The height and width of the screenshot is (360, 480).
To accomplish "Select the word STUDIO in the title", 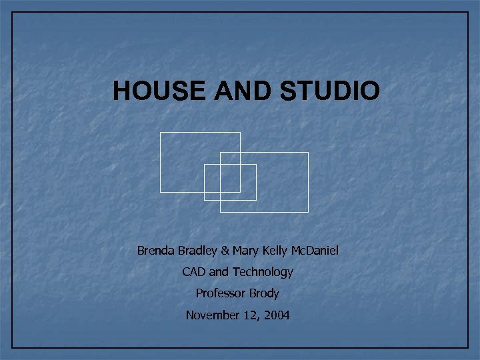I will tap(330, 91).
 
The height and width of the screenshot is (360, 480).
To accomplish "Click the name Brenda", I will tap(155, 251).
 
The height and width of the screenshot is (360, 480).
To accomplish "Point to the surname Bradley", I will tap(197, 251).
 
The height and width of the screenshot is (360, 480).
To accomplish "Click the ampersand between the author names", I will tap(225, 251).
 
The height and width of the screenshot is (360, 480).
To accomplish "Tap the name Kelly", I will tap(275, 251).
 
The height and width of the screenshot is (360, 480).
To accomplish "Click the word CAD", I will tap(194, 272).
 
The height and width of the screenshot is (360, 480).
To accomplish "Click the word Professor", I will tap(220, 293).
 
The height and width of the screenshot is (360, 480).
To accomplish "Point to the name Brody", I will tap(264, 293).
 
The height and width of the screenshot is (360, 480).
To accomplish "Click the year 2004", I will tap(277, 315).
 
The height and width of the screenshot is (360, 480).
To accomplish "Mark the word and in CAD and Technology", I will tap(219, 272).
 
